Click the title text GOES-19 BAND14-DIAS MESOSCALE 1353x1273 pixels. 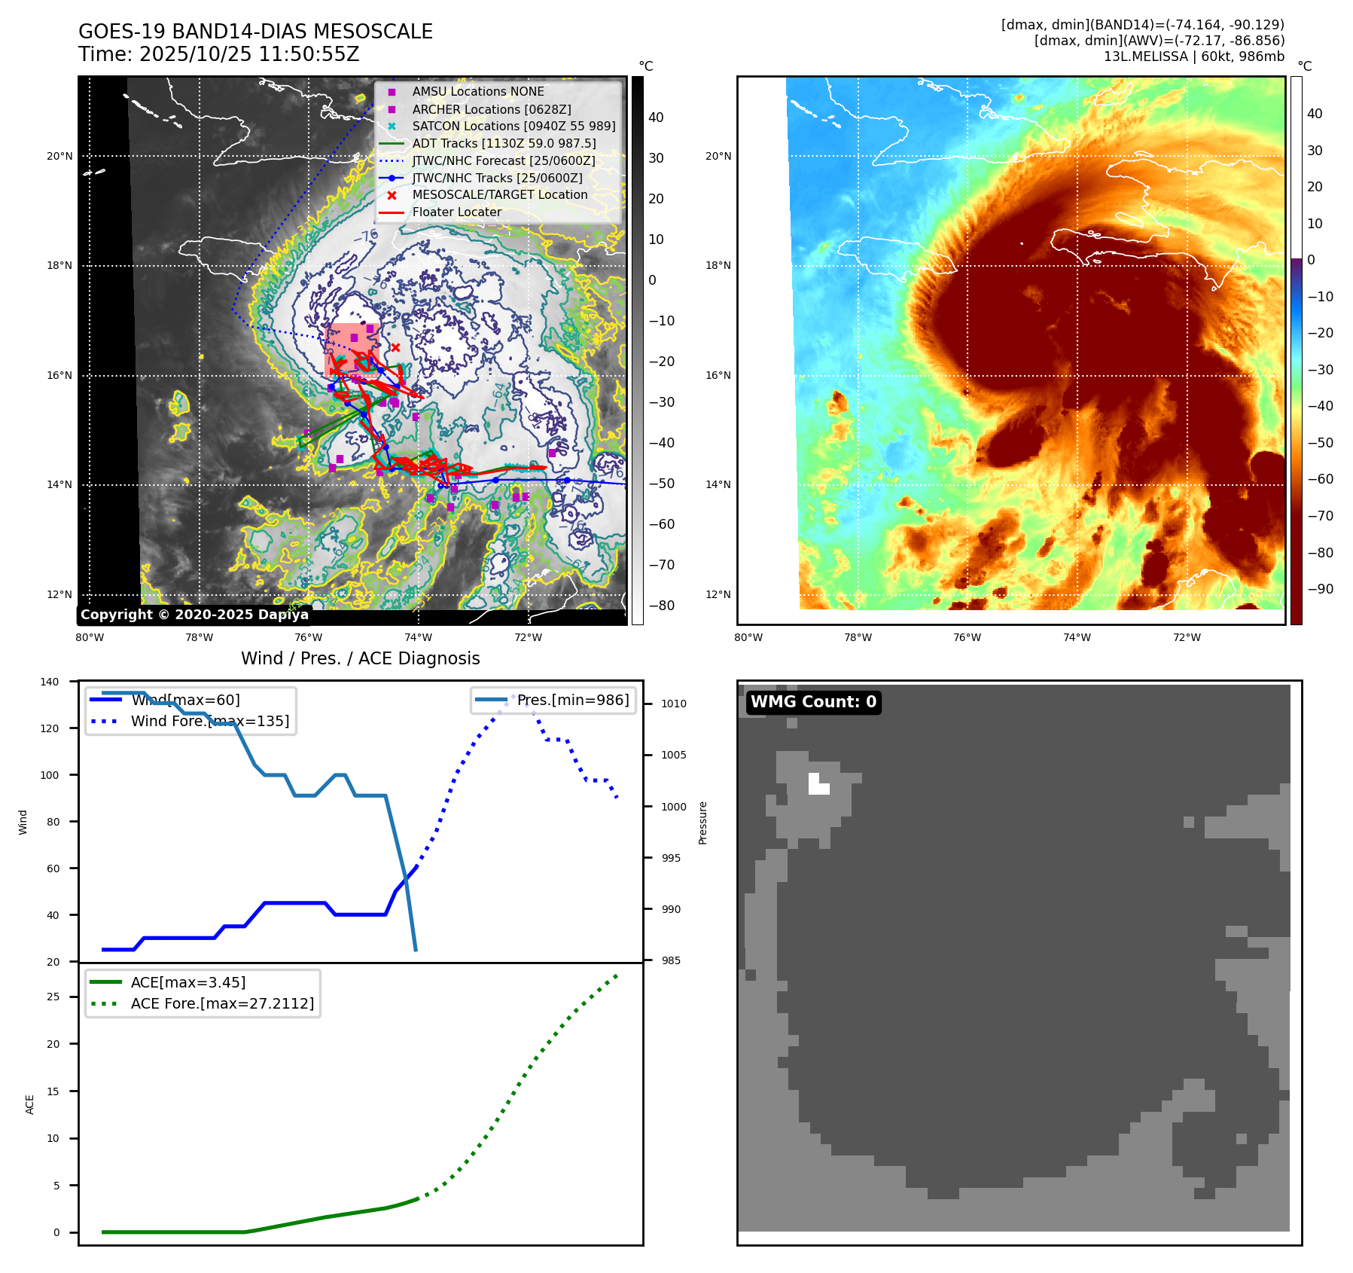(255, 32)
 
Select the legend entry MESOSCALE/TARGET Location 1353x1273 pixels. (499, 195)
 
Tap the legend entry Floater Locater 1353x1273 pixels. (456, 212)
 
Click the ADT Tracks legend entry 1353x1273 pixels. (504, 143)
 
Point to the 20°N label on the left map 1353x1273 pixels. (59, 157)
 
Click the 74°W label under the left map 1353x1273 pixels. (418, 637)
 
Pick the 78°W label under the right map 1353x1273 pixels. (858, 637)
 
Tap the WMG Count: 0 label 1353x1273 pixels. (813, 702)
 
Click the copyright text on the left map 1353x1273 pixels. (194, 615)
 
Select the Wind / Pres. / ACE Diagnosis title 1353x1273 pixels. (360, 658)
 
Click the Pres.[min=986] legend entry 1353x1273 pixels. (572, 700)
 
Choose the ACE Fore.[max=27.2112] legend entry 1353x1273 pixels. (222, 1003)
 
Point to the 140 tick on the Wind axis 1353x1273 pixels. (50, 682)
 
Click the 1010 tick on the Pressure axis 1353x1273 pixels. (674, 704)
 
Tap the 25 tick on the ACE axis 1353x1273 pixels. (53, 997)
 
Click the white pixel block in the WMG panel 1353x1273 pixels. (818, 784)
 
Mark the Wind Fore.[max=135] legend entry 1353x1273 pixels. (209, 721)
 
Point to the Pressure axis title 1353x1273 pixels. (702, 823)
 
